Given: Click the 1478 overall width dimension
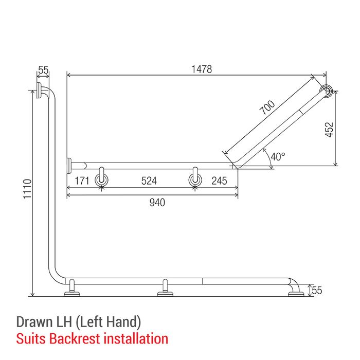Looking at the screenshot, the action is [202, 69].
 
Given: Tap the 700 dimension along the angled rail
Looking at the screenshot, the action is [267, 107].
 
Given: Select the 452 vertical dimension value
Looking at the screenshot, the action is [329, 130].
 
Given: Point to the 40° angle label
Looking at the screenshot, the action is [278, 156].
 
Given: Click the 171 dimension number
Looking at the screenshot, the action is [82, 181].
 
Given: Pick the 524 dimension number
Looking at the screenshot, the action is [149, 181].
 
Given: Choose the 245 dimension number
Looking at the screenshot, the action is [219, 181].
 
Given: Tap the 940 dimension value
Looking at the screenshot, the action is [157, 203].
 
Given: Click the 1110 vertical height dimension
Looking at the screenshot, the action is [27, 189].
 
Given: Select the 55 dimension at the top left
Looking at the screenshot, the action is [43, 70].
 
